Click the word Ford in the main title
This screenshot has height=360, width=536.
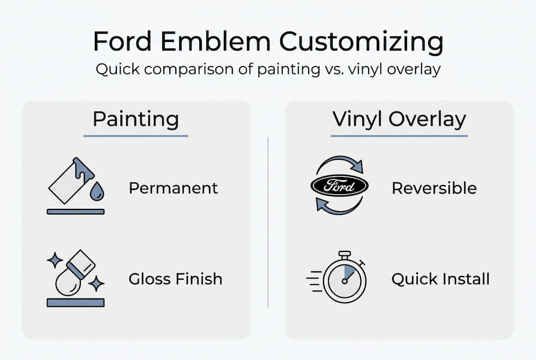click(x=122, y=41)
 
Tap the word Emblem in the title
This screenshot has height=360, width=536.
click(x=215, y=41)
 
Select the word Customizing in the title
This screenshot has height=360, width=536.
click(x=361, y=43)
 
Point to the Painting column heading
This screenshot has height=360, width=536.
click(x=136, y=120)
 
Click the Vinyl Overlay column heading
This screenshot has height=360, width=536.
click(x=399, y=120)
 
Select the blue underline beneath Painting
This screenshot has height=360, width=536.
click(x=136, y=136)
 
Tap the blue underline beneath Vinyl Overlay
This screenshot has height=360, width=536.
click(x=399, y=136)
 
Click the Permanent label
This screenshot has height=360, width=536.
click(x=173, y=188)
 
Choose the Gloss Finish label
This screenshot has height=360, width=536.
click(x=175, y=278)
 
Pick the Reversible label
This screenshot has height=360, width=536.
click(x=434, y=188)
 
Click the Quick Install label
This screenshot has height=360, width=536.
click(x=440, y=279)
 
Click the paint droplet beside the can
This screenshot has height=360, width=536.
click(x=97, y=191)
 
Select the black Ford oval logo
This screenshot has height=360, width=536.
click(x=339, y=186)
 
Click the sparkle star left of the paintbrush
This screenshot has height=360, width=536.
click(x=54, y=260)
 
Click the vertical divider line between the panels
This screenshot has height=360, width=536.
click(x=268, y=222)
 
